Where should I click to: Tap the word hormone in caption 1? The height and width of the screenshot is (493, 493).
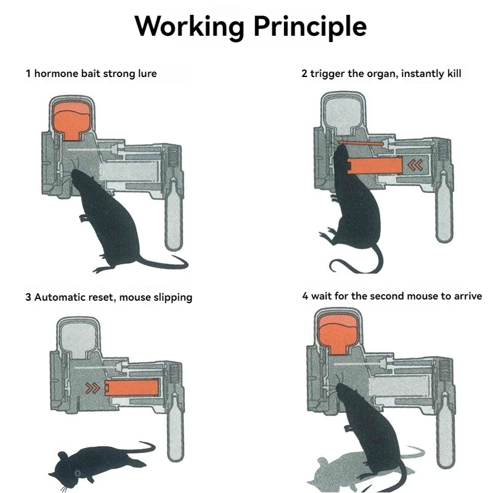pyautogui.click(x=57, y=73)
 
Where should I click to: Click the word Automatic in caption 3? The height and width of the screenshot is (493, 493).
pyautogui.click(x=60, y=297)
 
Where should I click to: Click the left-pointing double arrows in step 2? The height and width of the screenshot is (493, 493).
pyautogui.click(x=415, y=165)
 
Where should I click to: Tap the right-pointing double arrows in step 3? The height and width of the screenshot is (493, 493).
pyautogui.click(x=93, y=388)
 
